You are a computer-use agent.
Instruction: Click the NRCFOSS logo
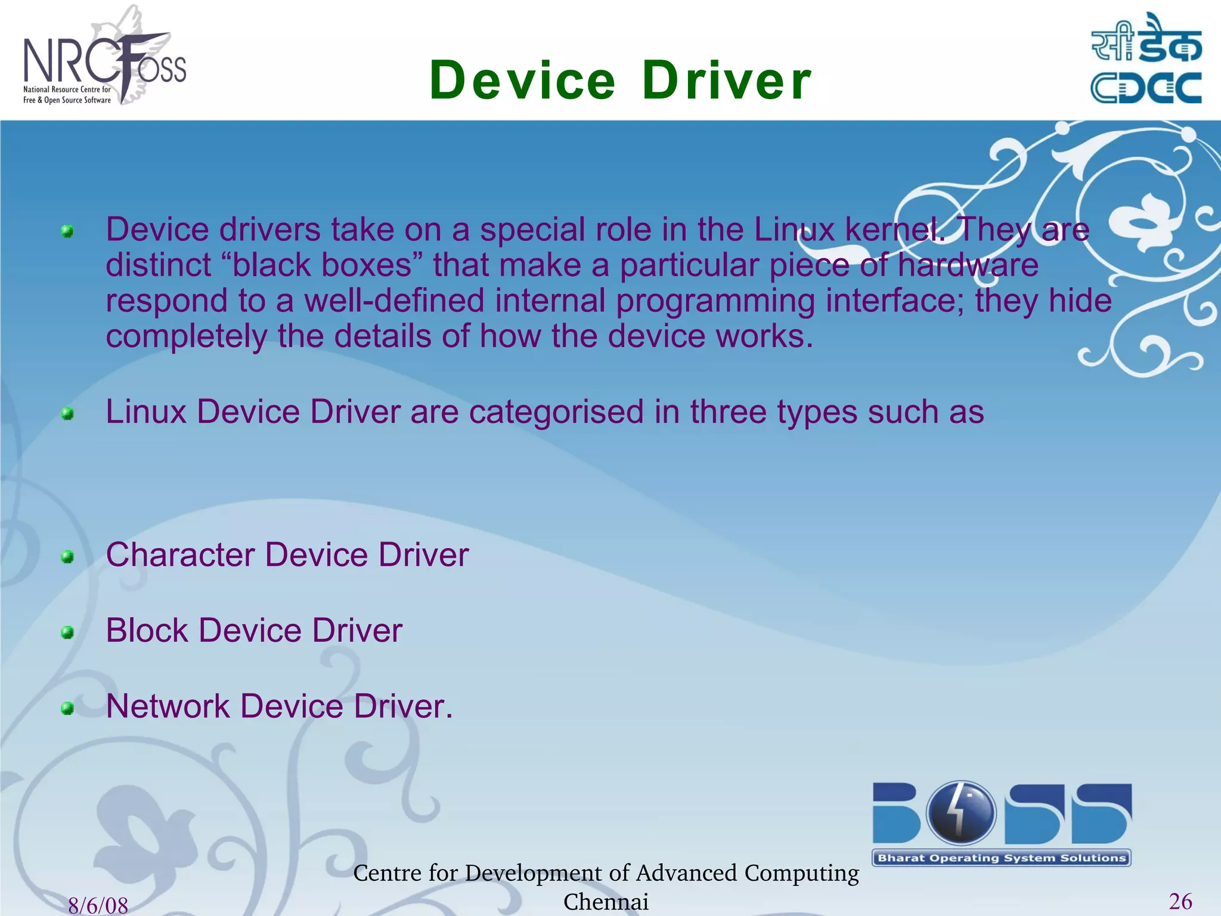104,60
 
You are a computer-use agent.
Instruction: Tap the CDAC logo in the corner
1146,60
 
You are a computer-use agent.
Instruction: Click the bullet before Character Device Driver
67,557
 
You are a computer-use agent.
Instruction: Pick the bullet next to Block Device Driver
67,632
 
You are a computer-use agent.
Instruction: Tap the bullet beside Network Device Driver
67,708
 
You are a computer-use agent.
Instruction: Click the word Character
180,555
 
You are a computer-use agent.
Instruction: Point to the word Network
168,706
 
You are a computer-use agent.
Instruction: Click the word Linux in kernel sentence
794,230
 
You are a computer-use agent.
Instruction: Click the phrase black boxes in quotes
322,265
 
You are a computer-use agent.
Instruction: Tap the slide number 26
1180,901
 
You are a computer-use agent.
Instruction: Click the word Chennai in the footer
606,902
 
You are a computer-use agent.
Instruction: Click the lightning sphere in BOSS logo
960,812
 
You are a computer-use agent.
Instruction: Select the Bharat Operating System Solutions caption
1002,858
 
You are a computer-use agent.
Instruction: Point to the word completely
187,337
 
